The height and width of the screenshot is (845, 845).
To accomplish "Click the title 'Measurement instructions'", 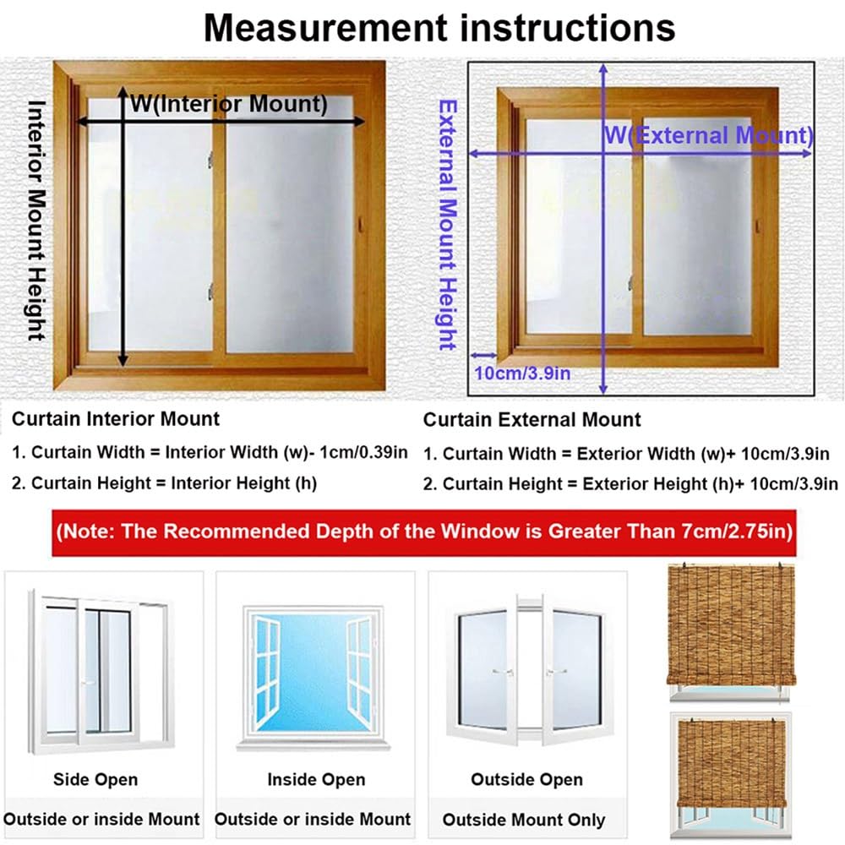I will pyautogui.click(x=439, y=27).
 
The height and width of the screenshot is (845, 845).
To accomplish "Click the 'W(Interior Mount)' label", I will pyautogui.click(x=228, y=104).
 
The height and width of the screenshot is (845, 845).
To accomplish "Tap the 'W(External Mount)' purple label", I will pyautogui.click(x=708, y=135).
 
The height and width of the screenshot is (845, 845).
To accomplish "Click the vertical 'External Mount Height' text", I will pyautogui.click(x=447, y=225).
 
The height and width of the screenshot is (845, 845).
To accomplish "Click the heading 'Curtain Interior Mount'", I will pyautogui.click(x=116, y=418).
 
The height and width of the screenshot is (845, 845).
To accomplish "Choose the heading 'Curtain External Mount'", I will pyautogui.click(x=532, y=419).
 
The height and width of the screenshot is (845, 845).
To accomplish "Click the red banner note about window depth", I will pyautogui.click(x=422, y=532).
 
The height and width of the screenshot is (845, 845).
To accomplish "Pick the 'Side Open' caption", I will pyautogui.click(x=95, y=779).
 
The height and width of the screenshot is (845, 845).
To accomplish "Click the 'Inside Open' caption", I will pyautogui.click(x=316, y=779).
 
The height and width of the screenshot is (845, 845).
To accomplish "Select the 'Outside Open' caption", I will pyautogui.click(x=527, y=779).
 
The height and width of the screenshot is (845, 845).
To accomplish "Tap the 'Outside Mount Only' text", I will pyautogui.click(x=524, y=819).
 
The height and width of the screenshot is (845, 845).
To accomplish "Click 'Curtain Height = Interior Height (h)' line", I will pyautogui.click(x=164, y=483).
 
